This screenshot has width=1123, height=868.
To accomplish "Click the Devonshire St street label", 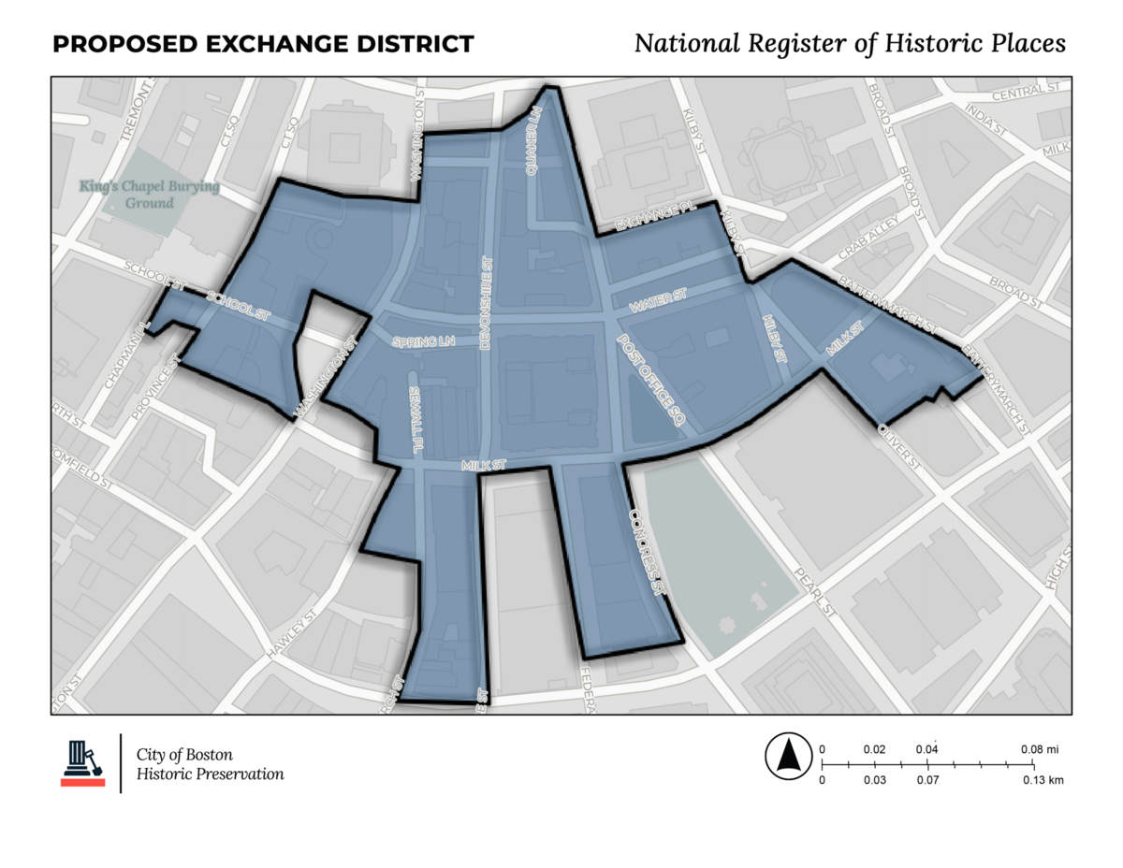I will pyautogui.click(x=486, y=305).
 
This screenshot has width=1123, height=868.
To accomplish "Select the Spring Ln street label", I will pyautogui.click(x=423, y=342).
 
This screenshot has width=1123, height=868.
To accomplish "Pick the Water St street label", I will pyautogui.click(x=658, y=301).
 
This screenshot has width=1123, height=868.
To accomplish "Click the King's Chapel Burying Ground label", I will pyautogui.click(x=150, y=195).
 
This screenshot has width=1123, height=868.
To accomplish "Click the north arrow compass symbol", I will pyautogui.click(x=788, y=757).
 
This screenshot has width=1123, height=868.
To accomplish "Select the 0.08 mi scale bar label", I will pyautogui.click(x=1039, y=749).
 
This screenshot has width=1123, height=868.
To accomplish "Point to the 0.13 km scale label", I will pyautogui.click(x=1043, y=779).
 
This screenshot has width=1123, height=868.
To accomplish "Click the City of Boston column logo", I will pyautogui.click(x=82, y=762).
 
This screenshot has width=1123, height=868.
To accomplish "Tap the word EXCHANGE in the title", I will pyautogui.click(x=278, y=44).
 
